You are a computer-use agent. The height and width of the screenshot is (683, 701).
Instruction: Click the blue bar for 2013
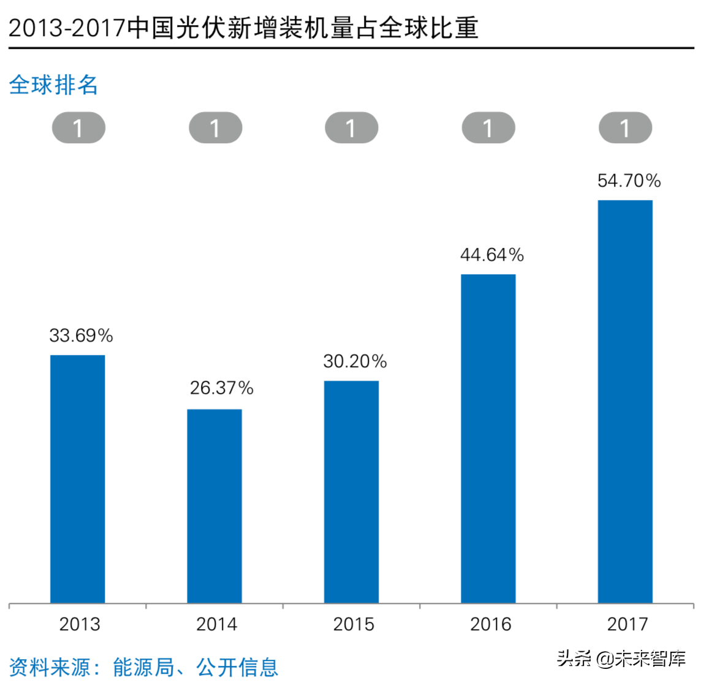click(x=77, y=479)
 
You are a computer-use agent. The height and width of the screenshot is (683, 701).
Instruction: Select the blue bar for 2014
click(x=214, y=506)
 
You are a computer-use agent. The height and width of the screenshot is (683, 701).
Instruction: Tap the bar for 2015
click(x=351, y=491)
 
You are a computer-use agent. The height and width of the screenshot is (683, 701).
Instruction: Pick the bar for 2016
click(x=488, y=438)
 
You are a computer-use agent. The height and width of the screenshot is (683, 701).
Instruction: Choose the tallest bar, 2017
click(x=625, y=401)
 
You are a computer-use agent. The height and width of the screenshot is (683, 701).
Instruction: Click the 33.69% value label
click(x=81, y=335)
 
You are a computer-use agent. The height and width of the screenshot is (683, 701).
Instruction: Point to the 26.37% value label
click(x=221, y=388)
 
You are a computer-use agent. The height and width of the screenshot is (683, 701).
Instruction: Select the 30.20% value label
click(x=355, y=362)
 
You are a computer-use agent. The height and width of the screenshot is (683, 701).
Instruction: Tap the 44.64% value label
click(x=492, y=255)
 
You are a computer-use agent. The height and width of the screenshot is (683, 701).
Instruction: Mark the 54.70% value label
click(x=629, y=181)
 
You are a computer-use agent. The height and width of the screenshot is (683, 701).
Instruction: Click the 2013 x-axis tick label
click(x=80, y=624)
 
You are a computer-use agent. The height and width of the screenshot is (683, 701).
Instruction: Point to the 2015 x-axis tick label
click(x=354, y=624)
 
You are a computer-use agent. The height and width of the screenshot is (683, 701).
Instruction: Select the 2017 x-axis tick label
click(x=627, y=624)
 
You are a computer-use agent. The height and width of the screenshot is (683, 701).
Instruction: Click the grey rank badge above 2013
click(x=78, y=129)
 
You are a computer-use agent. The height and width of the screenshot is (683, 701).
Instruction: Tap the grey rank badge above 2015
click(x=351, y=129)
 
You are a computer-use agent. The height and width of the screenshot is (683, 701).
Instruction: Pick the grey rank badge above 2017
click(x=625, y=129)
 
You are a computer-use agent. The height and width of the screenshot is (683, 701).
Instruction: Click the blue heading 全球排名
click(x=53, y=85)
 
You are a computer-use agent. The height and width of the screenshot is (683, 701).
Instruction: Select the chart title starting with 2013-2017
click(x=243, y=28)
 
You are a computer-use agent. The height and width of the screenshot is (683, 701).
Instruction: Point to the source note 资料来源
click(x=143, y=666)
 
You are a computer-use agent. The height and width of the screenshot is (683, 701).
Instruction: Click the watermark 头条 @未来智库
click(x=621, y=659)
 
